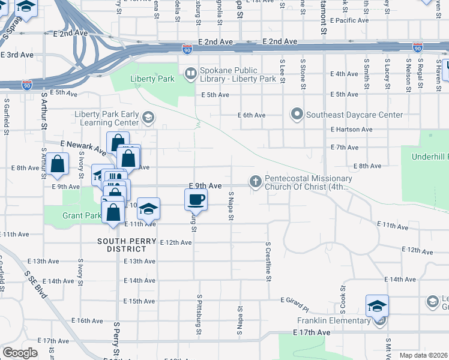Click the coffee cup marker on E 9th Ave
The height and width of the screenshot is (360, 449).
(x=196, y=200)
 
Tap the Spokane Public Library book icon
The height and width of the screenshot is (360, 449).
(x=190, y=73)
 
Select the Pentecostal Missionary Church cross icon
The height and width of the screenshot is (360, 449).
(x=255, y=181)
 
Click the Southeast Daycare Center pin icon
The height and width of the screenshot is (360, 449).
(x=296, y=114)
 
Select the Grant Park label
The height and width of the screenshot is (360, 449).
(x=81, y=215)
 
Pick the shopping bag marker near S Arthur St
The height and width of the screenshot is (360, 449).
(x=57, y=164)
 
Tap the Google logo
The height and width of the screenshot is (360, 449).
(x=20, y=353)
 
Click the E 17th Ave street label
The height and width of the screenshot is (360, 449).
(x=312, y=332)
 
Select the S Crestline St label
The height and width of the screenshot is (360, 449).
(x=268, y=262)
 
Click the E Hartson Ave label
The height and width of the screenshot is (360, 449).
(x=351, y=129)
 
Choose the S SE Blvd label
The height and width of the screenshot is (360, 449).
(x=36, y=284)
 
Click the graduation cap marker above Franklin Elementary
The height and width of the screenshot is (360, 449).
(x=378, y=306)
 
